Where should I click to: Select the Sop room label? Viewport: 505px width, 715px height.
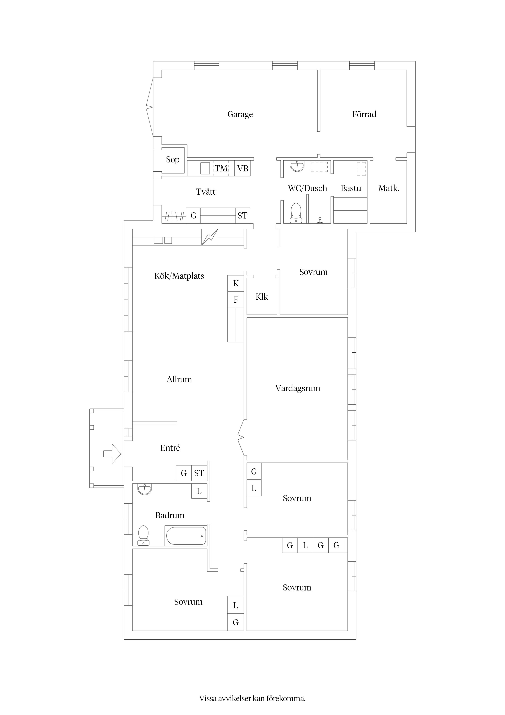173,160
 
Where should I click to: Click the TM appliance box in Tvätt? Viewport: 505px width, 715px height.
221,169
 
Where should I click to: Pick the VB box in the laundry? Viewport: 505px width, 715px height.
242,169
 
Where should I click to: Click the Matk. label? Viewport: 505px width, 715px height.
389,188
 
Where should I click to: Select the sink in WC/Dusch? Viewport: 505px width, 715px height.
297,166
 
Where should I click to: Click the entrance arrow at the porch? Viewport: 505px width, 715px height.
112,454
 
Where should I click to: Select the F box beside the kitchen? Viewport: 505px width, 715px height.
236,300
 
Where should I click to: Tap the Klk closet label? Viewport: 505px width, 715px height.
262,297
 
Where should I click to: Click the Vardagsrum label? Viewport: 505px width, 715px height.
298,388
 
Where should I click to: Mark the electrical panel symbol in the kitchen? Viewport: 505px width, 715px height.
210,237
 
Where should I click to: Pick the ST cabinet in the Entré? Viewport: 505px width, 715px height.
199,473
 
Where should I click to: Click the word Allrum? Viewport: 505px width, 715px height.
179,379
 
